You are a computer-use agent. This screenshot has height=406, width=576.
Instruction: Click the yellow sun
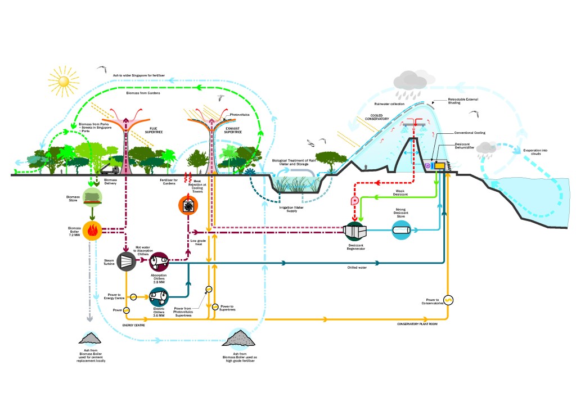64,82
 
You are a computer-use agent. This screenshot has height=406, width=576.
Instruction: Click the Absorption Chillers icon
159,261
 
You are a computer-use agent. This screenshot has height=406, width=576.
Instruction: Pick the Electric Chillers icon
159,296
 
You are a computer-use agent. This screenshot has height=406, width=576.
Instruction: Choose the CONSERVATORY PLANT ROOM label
417,324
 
